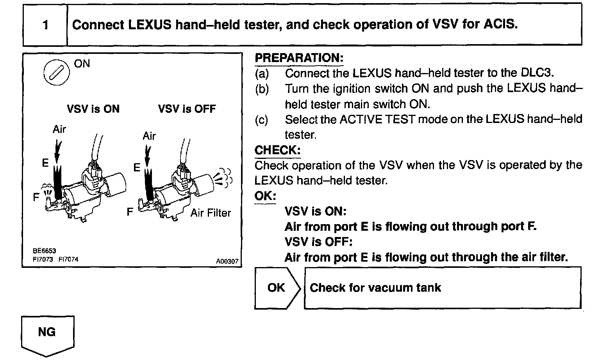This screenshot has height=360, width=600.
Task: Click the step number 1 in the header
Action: [45, 25]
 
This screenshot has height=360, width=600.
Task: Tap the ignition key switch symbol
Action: [54, 73]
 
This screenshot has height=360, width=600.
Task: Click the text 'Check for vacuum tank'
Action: [375, 288]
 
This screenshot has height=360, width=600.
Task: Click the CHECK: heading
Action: [277, 150]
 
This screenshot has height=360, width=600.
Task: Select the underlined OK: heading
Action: [265, 196]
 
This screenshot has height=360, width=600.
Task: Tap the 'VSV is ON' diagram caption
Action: [93, 109]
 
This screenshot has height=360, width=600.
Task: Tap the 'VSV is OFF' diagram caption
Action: [187, 109]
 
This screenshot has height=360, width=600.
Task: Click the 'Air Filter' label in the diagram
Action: [211, 213]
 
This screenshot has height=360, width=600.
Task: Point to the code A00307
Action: [227, 262]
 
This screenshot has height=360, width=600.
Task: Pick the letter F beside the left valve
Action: [36, 198]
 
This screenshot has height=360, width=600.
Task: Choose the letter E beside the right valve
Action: [136, 168]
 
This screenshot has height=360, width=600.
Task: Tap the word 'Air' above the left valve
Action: [59, 129]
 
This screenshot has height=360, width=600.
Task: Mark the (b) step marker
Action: [262, 89]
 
